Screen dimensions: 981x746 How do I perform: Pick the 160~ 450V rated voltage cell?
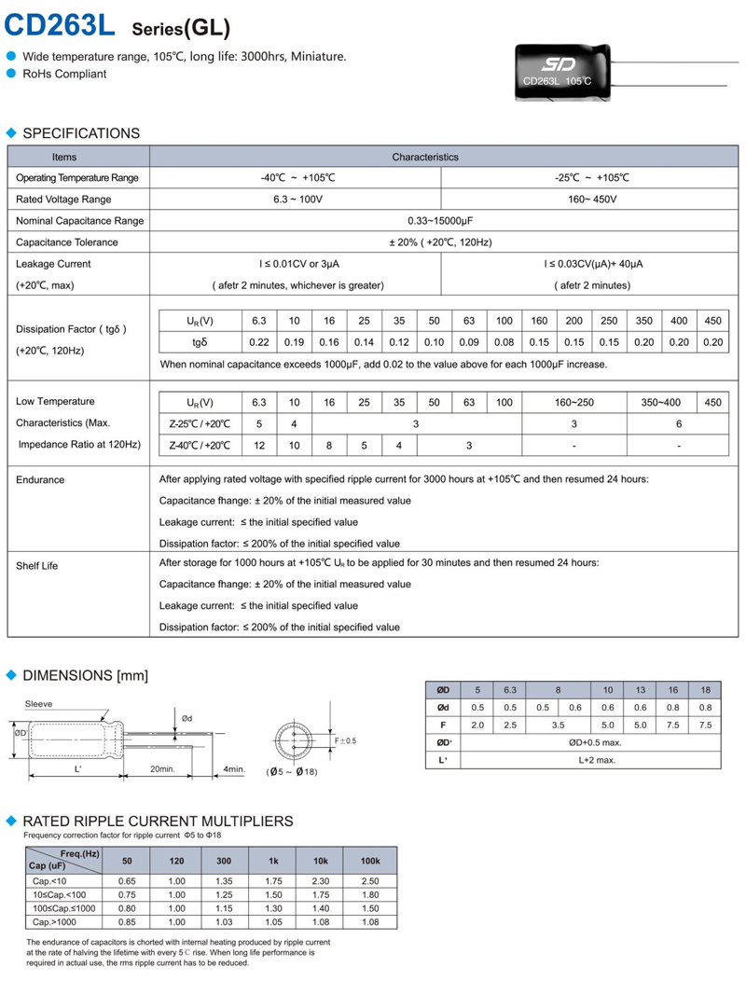point(587,200)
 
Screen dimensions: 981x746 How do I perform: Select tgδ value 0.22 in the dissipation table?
point(259,342)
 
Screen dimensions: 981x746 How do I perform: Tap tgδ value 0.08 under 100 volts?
point(504,342)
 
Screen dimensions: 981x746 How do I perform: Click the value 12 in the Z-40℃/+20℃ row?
point(259,446)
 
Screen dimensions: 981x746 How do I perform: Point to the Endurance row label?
point(40,480)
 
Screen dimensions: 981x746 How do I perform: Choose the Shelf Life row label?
point(37,566)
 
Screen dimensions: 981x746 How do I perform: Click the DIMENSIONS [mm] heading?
point(85,675)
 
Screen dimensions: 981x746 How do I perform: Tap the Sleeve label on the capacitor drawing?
point(39,704)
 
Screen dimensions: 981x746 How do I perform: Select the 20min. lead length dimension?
point(162,768)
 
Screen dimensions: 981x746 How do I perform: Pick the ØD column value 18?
point(706,690)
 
